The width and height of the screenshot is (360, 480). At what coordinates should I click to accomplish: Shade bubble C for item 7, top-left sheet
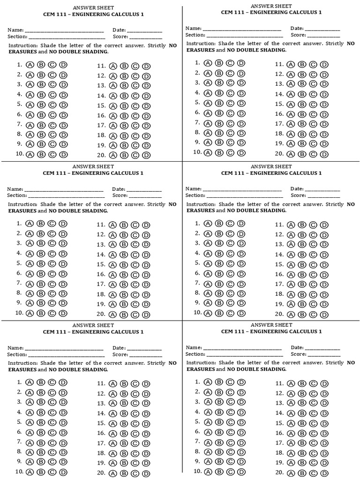(x=52, y=125)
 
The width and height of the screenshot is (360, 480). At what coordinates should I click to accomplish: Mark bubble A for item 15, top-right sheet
(x=291, y=105)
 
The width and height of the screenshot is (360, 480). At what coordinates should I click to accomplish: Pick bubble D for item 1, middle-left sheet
(x=63, y=224)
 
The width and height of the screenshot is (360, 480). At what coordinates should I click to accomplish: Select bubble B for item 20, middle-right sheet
(x=302, y=315)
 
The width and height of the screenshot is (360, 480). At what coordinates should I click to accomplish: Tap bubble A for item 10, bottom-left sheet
(x=30, y=472)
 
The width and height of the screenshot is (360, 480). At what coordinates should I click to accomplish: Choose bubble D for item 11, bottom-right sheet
(x=324, y=384)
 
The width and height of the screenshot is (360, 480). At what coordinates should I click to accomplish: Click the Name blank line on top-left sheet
(x=64, y=31)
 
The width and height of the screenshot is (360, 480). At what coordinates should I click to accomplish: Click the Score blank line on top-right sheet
(x=323, y=36)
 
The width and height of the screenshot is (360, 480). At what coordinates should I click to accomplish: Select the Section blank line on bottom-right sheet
(x=244, y=355)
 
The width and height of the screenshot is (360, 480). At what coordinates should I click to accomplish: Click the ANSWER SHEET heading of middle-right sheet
(x=271, y=166)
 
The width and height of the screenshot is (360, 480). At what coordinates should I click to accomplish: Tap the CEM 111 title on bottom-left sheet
(x=93, y=332)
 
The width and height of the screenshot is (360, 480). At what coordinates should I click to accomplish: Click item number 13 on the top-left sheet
(x=101, y=86)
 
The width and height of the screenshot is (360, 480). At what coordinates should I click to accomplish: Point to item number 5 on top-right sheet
(x=197, y=103)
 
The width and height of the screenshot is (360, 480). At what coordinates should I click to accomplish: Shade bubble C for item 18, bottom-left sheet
(x=135, y=454)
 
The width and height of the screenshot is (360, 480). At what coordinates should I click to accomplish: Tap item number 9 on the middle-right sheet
(x=197, y=303)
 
